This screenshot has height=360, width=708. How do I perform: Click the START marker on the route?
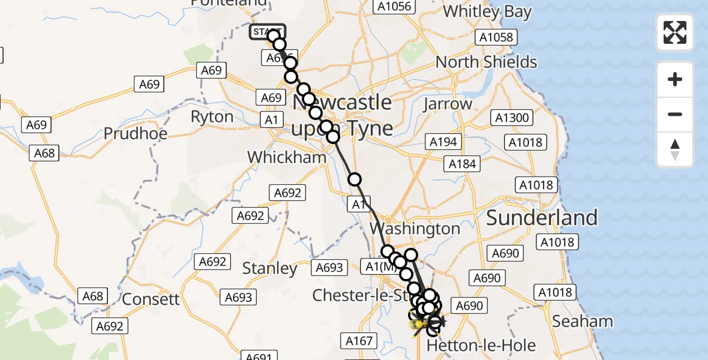pos(266,32)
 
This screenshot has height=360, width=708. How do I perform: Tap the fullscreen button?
pos(675,32)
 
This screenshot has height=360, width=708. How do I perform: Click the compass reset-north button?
pos(675,149)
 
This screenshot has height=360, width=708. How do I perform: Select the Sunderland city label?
pos(542,218)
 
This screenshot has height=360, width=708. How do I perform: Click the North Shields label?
pos(486,62)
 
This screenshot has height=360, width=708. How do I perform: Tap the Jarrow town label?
pos(448,104)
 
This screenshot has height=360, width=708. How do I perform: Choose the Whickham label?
pos(287,157)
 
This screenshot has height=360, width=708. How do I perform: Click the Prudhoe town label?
pos(136,133)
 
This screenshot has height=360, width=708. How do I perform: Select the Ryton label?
pos(212,116)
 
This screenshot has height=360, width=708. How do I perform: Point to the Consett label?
pos(151,299)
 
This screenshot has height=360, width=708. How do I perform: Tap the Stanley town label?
pos(269,268)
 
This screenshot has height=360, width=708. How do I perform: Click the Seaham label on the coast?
pos(582,321)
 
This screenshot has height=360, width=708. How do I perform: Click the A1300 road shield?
pos(512,118)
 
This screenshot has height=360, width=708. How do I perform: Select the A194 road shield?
pos(443,142)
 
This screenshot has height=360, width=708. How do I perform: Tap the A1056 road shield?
pos(393,7)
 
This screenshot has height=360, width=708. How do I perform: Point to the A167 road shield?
pos(359,341)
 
